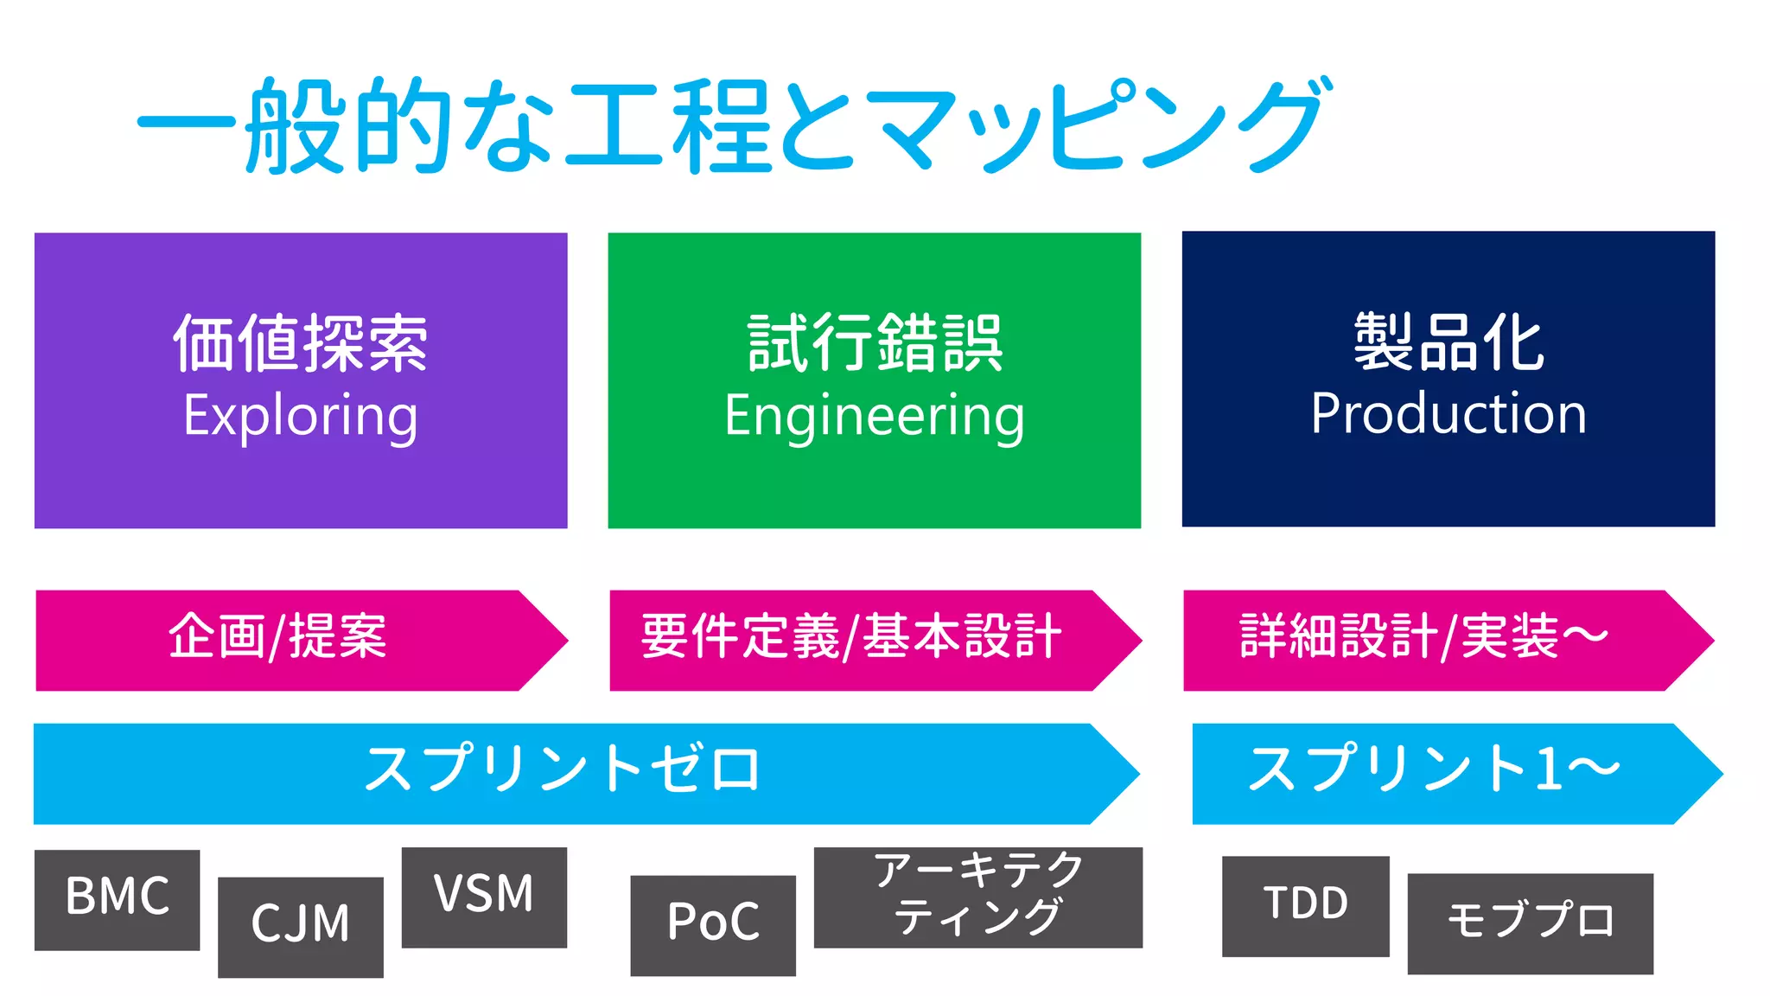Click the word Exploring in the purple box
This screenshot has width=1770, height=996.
coord(300,415)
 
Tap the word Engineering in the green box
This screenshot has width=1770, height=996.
coord(874,415)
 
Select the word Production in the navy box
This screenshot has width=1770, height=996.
coord(1448,413)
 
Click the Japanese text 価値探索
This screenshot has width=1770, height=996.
coord(300,343)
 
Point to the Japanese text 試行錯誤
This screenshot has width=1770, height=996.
coord(874,343)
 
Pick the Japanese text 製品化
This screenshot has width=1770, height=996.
coord(1448,342)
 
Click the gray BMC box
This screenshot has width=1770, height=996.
coord(118,899)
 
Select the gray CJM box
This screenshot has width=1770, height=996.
coord(300,926)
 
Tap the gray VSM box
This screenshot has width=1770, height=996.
coord(484,897)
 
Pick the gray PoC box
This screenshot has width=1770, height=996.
coord(713,924)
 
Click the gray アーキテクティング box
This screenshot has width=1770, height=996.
coord(977,896)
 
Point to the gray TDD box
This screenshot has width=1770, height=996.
coord(1305,905)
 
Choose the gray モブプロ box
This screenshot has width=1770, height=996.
coord(1530,923)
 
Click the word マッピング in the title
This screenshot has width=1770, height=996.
coord(1098,125)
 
